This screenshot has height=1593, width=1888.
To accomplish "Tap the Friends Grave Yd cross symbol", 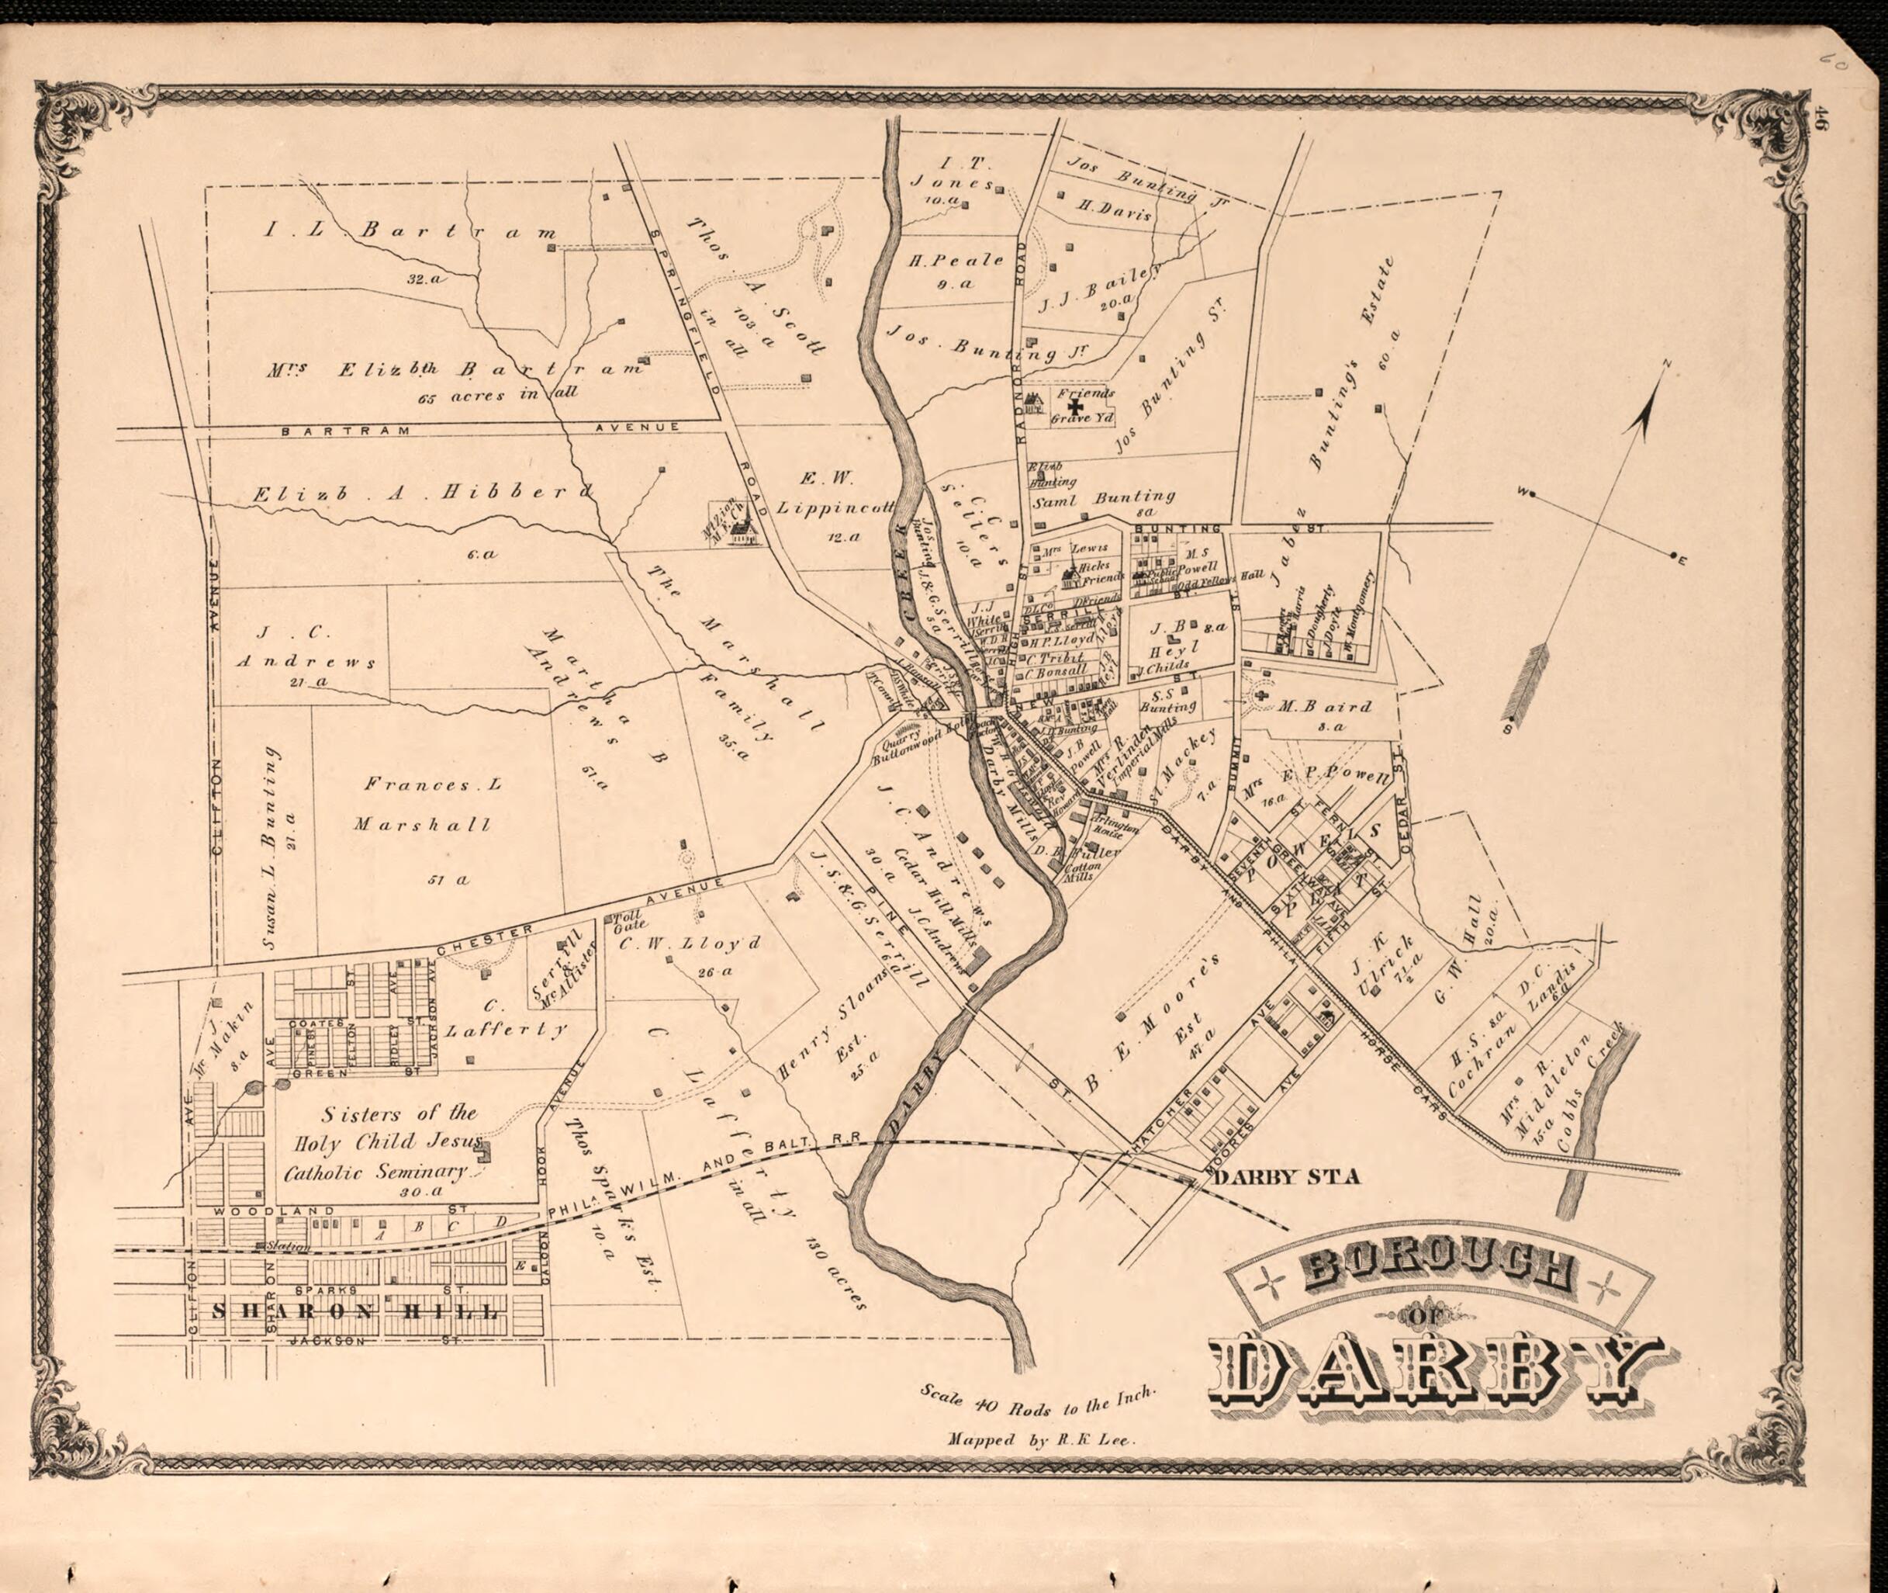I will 1075,408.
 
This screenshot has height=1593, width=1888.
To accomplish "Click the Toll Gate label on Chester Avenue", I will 628,920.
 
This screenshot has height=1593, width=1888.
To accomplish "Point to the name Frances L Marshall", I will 426,804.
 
